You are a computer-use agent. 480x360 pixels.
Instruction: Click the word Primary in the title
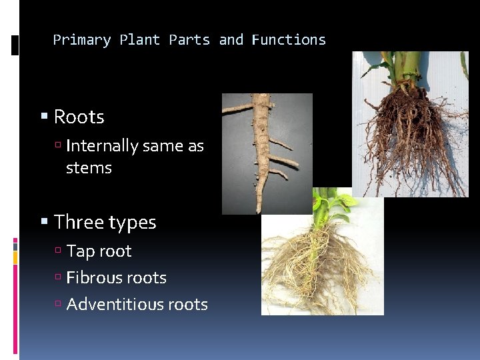(82, 40)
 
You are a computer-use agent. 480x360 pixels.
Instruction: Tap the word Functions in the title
(289, 40)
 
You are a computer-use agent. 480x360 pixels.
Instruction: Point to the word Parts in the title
(189, 40)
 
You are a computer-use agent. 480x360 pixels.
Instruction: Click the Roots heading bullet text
(79, 117)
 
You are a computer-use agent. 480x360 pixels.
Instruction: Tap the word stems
(89, 168)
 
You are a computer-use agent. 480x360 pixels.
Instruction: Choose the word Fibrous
(94, 277)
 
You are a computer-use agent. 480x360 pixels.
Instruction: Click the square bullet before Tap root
(59, 251)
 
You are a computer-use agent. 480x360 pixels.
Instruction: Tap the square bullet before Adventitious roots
(59, 305)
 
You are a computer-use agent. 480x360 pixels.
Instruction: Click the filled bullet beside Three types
(45, 222)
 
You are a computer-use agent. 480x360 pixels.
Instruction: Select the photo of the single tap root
(267, 153)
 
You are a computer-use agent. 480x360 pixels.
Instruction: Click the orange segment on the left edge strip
(15, 257)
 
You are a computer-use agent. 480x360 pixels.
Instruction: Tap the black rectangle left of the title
(15, 45)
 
